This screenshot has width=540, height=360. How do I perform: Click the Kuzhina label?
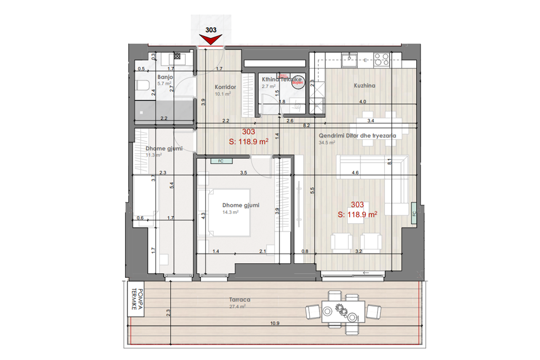point(364,85)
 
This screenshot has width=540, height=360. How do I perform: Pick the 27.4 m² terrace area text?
point(237,306)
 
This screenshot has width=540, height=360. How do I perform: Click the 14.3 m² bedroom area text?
point(230,212)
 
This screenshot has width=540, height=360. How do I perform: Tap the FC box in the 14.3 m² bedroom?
point(220,160)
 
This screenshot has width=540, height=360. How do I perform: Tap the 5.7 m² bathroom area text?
point(164,84)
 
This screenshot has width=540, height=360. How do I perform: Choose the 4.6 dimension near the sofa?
point(355,172)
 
